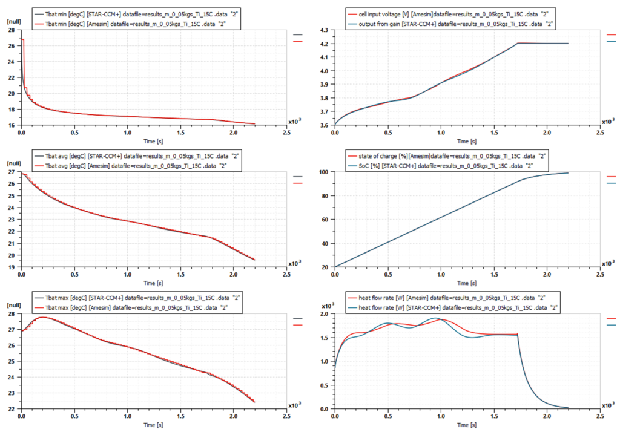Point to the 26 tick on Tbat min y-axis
tap(13, 46)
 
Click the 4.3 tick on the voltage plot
tap(324, 30)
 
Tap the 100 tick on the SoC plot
tap(326, 172)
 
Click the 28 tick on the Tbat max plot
tap(13, 314)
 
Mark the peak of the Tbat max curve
tap(42, 317)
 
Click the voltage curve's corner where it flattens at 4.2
tap(518, 43)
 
